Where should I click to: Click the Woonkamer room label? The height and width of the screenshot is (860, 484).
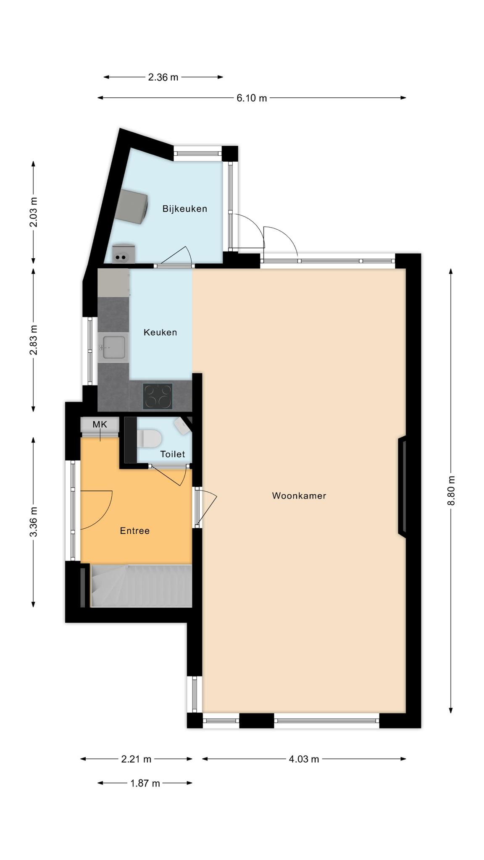pos(299,496)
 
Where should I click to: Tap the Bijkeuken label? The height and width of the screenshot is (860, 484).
pos(185,209)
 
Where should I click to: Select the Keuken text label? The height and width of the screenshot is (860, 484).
pos(160,332)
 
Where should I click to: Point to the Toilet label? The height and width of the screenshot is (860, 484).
pos(173,454)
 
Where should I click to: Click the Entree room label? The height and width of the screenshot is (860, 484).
pos(135,531)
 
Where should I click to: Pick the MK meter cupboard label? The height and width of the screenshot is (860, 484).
pos(100,424)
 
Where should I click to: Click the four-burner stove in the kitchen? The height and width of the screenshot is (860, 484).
pos(158,396)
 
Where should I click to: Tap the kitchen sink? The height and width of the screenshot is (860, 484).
pos(113,348)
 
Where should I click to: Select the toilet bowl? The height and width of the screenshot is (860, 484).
pos(149,438)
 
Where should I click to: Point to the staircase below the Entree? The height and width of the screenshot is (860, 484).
pos(142,586)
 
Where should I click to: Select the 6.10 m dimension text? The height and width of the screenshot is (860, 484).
pos(252,98)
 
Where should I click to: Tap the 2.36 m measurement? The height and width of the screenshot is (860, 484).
pos(163,77)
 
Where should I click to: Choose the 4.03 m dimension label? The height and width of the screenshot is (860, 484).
pos(304,759)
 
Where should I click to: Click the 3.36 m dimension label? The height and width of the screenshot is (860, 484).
pos(34,522)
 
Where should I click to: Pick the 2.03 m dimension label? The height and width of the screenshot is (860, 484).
pos(34,212)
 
